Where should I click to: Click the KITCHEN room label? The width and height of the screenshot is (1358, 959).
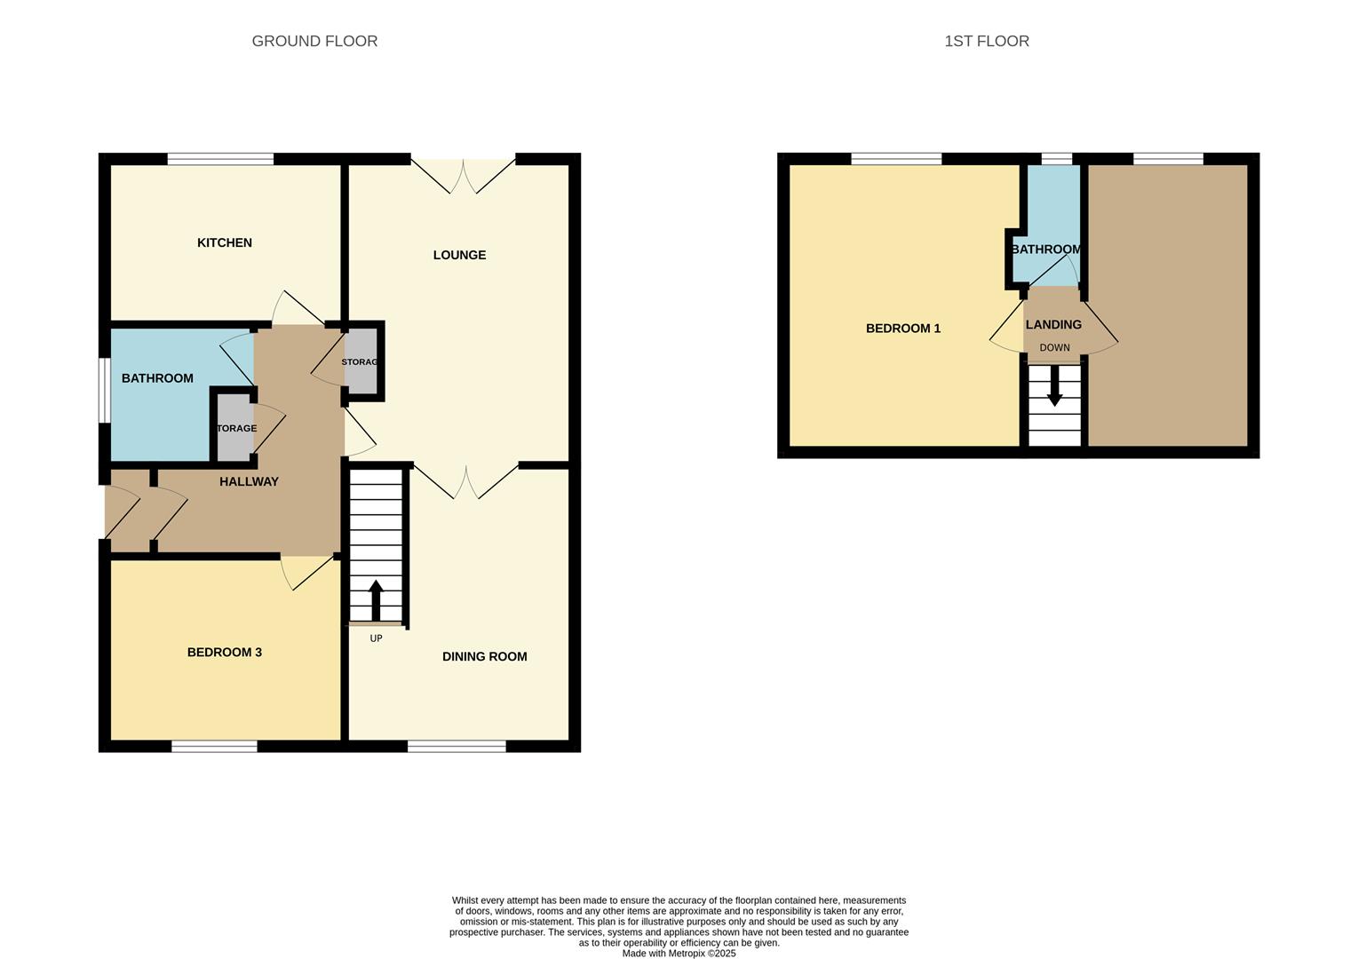(225, 242)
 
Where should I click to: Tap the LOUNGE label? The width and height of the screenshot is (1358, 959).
(459, 255)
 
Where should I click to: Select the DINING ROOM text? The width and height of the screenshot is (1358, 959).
(484, 656)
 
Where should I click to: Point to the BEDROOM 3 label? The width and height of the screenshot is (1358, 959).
(224, 652)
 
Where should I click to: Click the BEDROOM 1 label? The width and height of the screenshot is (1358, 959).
(902, 328)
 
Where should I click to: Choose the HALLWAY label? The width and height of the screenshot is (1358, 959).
(249, 481)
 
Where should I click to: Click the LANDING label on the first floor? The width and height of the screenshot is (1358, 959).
(1053, 325)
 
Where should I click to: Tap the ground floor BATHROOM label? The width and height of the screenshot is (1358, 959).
(157, 378)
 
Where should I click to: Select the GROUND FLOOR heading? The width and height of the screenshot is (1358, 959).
(314, 41)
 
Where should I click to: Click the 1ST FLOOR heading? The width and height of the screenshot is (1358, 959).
(986, 41)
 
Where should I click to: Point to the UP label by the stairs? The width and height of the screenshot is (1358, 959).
(376, 638)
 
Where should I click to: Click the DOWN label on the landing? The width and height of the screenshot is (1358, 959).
(1054, 348)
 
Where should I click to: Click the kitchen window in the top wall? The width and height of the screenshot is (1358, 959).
(220, 159)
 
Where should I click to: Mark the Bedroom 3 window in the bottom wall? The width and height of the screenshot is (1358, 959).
(214, 747)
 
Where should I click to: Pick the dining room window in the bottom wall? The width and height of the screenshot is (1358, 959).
(457, 747)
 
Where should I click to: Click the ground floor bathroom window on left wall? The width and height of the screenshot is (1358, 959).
(104, 390)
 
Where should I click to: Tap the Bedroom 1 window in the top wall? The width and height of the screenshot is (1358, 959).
(896, 159)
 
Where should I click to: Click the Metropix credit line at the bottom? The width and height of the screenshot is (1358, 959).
(679, 954)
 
